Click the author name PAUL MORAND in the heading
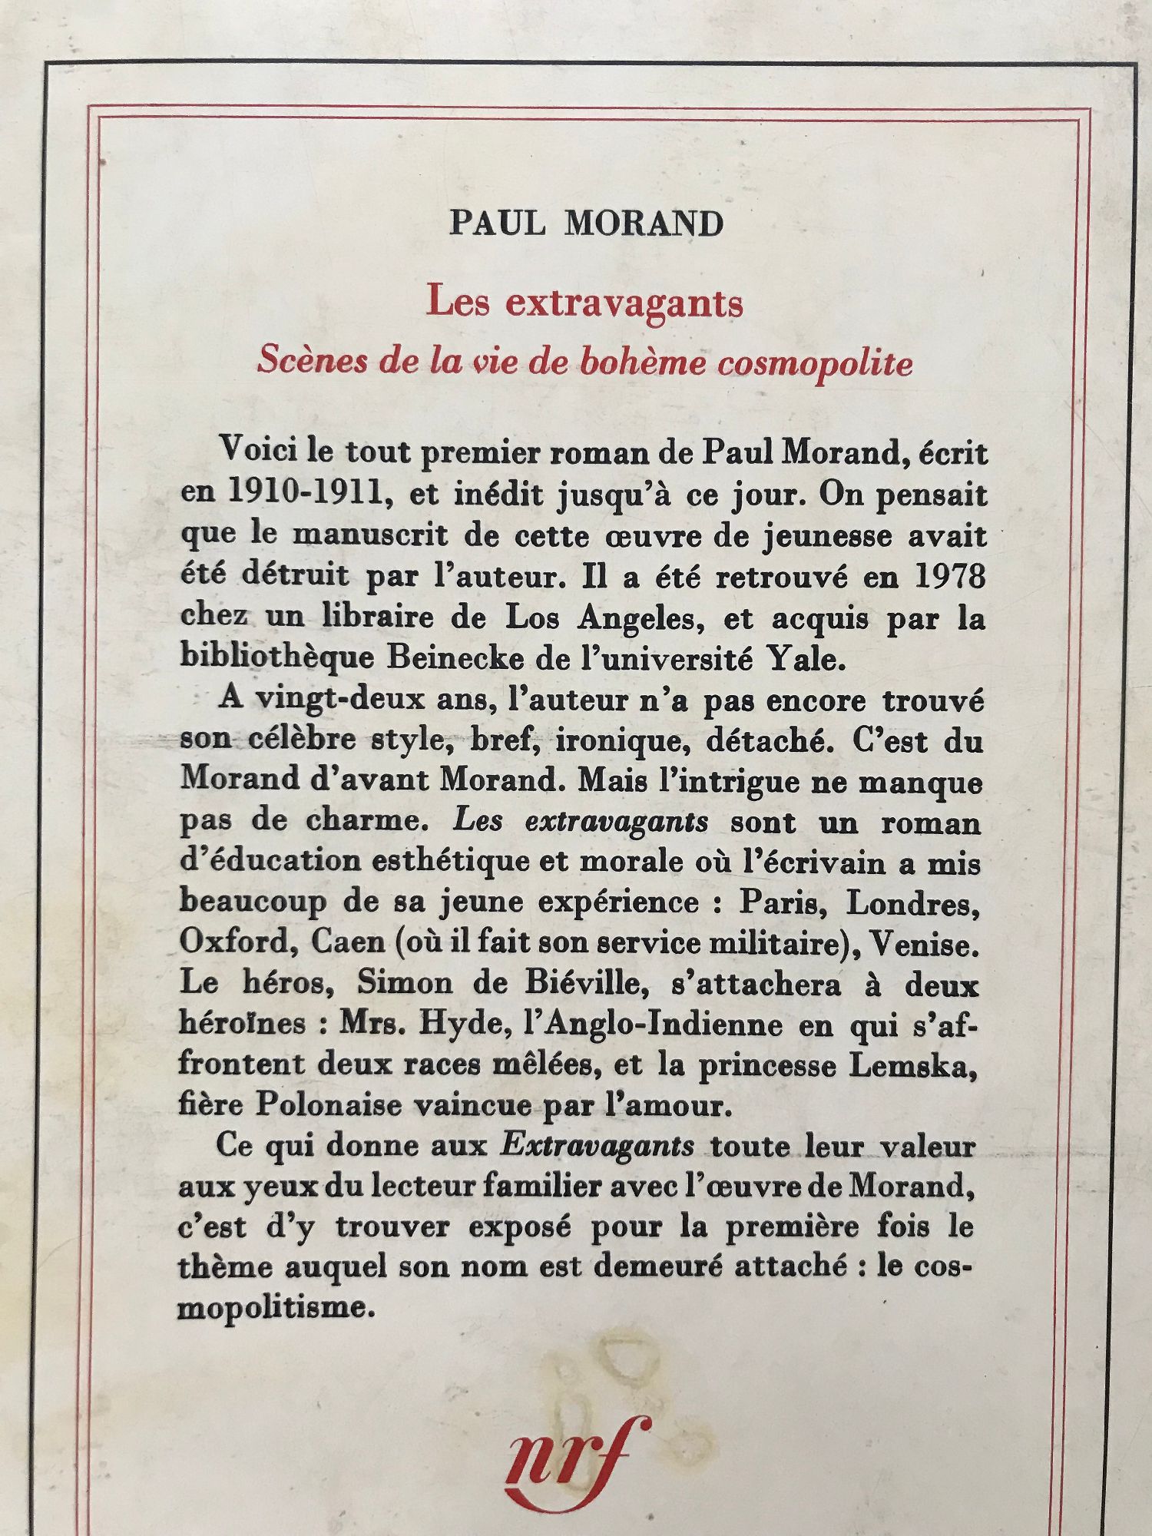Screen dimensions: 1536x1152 click(x=586, y=223)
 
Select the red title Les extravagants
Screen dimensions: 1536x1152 click(x=585, y=302)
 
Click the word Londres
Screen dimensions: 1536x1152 click(x=912, y=903)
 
